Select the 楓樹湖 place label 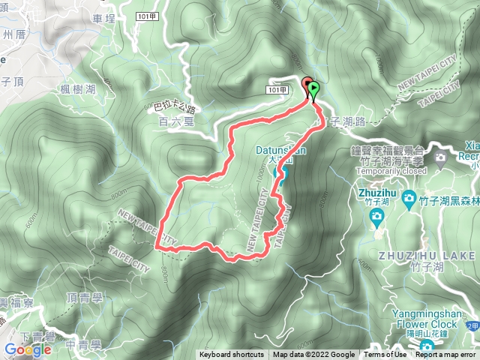click(79, 89)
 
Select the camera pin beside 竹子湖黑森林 click(409, 198)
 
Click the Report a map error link click(445, 355)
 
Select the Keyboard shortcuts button click(232, 355)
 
